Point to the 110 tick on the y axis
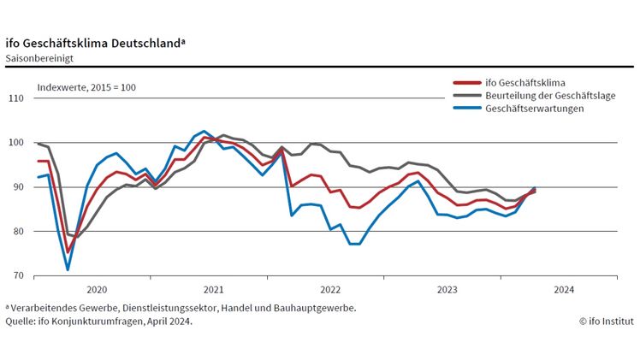click(15, 98)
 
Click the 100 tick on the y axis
click(15, 143)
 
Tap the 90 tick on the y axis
click(16, 187)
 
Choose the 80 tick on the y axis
click(16, 232)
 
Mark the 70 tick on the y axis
click(16, 276)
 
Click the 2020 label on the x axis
click(96, 290)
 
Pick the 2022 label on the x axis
click(330, 290)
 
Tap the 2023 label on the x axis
click(447, 290)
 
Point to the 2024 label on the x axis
click(564, 290)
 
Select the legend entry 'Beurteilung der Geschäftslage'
click(549, 96)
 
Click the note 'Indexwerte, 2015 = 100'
click(86, 87)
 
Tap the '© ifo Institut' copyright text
click(606, 322)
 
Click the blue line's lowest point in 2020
click(68, 270)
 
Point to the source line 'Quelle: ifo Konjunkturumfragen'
click(98, 322)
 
